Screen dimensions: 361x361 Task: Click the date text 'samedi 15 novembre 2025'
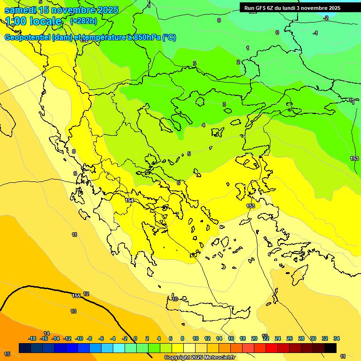[x=61, y=10]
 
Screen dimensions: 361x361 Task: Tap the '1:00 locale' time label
[x=34, y=22]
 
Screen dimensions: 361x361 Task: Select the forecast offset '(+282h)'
[x=83, y=21]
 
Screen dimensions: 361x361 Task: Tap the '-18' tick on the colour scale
[x=32, y=339]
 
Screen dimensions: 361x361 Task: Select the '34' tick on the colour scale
[x=336, y=339]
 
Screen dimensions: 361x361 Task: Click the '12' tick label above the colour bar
[x=207, y=339]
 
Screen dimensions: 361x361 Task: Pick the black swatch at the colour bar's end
[x=330, y=348]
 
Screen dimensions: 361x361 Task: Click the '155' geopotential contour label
[x=76, y=296]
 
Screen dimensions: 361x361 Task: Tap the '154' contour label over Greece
[x=129, y=201]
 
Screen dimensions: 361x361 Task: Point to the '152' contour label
[x=85, y=40]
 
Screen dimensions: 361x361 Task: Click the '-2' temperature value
[x=326, y=18]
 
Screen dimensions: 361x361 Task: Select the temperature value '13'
[x=73, y=311]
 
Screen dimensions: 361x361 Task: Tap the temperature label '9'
[x=75, y=173]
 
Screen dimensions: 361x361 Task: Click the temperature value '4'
[x=204, y=125]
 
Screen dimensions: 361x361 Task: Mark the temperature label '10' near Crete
[x=175, y=299]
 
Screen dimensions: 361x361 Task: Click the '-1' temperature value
[x=315, y=33]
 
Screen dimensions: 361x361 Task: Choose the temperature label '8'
[x=74, y=151]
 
